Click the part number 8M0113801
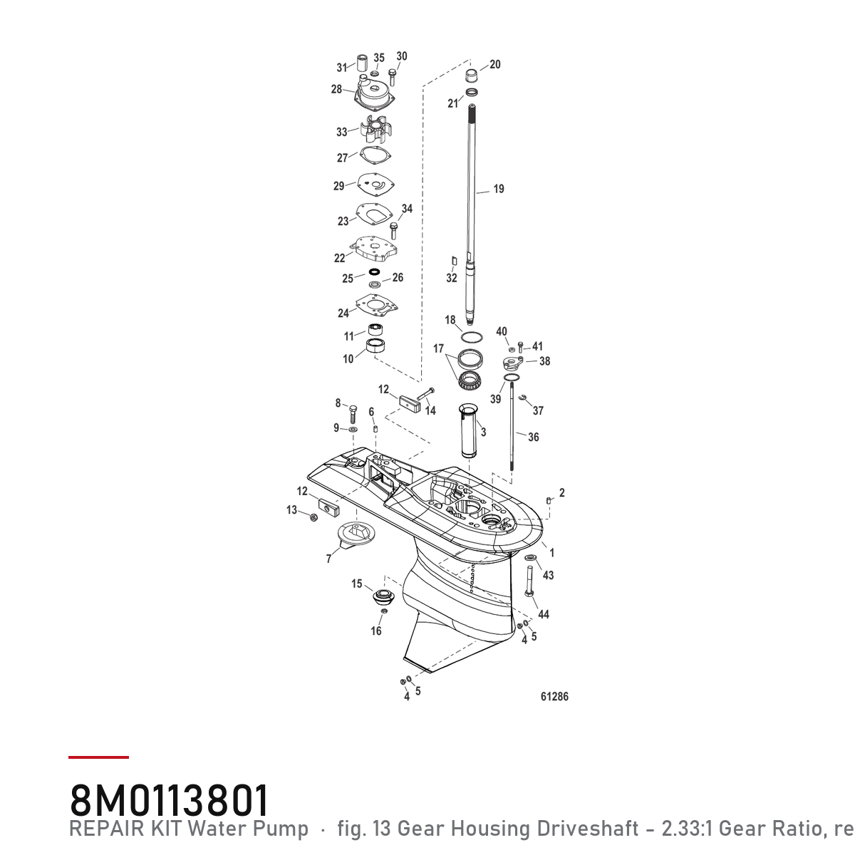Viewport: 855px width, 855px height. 169,800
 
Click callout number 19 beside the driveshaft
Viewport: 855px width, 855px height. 499,189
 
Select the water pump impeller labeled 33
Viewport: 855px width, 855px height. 376,129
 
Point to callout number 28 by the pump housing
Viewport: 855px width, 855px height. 336,89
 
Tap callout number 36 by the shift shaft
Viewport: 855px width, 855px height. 534,437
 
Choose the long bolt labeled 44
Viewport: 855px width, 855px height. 529,581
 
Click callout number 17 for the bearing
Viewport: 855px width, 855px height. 438,348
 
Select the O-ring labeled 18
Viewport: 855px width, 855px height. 471,337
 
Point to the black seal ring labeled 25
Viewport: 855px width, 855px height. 375,271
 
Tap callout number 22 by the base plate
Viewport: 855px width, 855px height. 339,258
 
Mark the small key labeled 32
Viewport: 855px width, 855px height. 454,261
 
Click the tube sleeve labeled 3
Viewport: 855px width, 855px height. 469,430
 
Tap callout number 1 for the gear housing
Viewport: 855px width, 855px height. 552,553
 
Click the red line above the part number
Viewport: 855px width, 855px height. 98,757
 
